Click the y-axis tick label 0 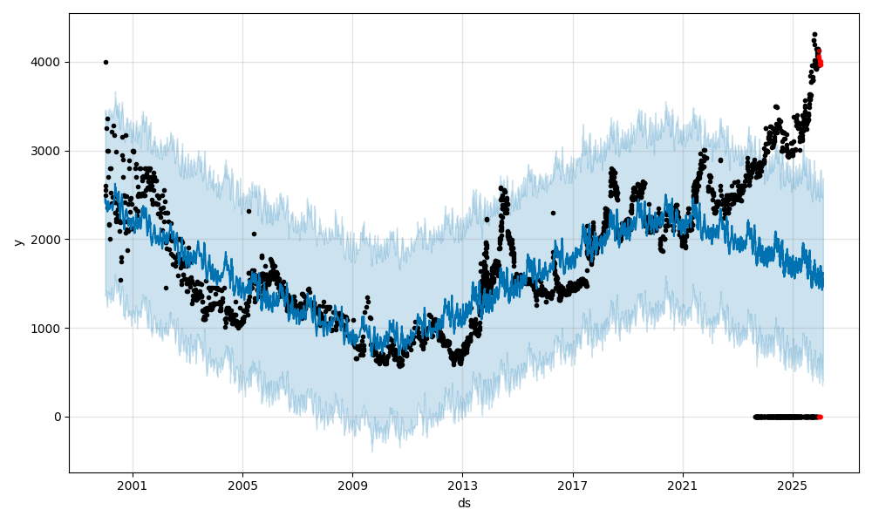coord(58,417)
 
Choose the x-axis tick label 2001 coord(133,486)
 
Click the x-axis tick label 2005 coord(242,486)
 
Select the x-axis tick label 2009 coord(352,486)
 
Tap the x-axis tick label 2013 coord(463,486)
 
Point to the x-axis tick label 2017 coord(573,486)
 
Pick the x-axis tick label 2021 coord(683,486)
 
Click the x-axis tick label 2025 coord(793,486)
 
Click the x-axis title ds coord(464,503)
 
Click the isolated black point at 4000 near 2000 coord(106,62)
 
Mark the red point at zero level coord(820,417)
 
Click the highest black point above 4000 coord(814,35)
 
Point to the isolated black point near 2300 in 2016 coord(553,213)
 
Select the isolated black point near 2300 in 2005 coord(249,211)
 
